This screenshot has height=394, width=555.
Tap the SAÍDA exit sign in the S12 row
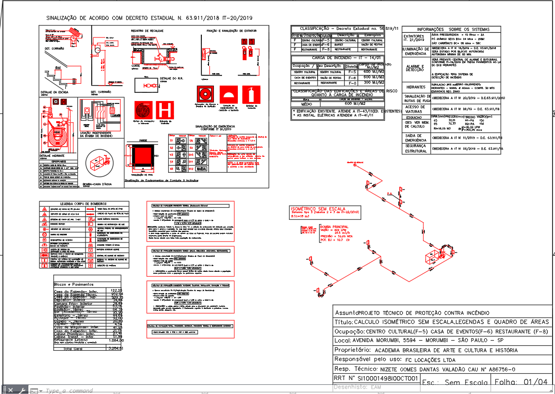(201, 169)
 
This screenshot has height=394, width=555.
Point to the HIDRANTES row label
(416, 87)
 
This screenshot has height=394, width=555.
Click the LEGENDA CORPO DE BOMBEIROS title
(84, 203)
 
